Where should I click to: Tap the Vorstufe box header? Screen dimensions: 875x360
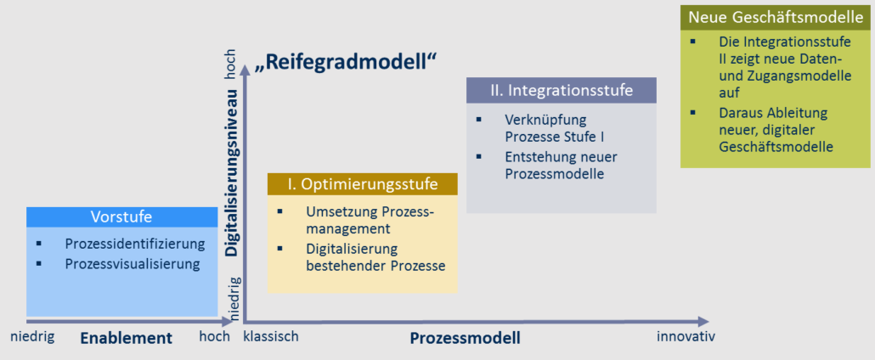coord(121,217)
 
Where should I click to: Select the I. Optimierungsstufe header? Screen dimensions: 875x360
coord(362,184)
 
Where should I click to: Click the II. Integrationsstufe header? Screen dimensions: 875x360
coord(561,90)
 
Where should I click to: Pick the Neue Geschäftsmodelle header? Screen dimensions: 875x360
coord(775,18)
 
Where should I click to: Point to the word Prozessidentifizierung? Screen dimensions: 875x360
coord(134,244)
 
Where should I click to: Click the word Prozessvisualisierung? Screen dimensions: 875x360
coord(133,263)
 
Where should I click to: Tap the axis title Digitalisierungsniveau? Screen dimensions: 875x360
coord(232,172)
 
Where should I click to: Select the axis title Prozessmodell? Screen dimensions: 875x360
coord(466,338)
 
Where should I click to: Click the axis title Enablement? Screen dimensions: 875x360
coord(126,338)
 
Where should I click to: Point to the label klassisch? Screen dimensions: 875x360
coord(271,336)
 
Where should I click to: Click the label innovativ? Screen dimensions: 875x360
coord(686,336)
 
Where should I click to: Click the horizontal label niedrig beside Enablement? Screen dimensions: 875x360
coord(32,336)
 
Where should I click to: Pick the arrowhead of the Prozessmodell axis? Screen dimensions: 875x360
coord(703,322)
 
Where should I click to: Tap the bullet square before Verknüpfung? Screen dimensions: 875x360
coord(478,120)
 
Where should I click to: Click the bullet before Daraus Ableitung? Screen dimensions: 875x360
coord(692,113)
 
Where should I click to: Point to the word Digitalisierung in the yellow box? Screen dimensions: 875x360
coord(352,249)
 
